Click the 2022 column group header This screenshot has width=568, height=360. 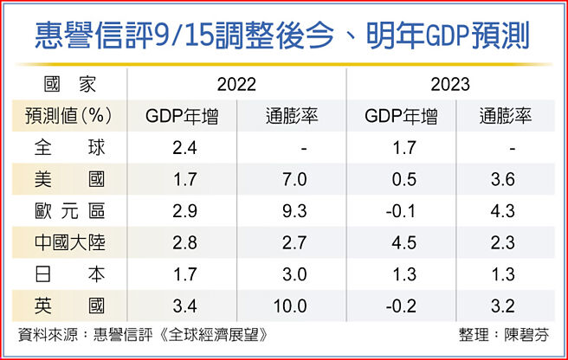(x=236, y=85)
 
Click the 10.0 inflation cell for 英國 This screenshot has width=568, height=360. (x=290, y=305)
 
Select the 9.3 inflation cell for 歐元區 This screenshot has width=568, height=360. (x=290, y=211)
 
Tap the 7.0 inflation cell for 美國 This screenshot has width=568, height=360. (x=290, y=180)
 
